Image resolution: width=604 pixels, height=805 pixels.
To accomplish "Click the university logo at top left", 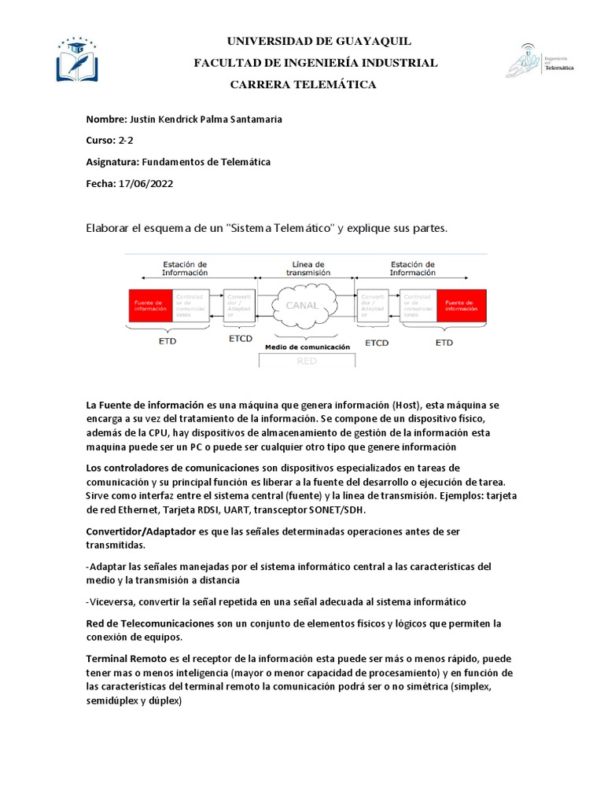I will point(79,58).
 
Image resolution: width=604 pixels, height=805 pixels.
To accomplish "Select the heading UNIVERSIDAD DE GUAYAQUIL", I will point(319,42).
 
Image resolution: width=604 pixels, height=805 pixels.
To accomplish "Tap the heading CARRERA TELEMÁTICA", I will point(302,84).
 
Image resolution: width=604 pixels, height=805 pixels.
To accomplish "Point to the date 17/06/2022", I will point(145,183).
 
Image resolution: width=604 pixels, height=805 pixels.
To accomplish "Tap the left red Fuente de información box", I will point(150,305).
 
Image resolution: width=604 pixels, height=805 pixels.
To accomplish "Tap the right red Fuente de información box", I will point(462,305).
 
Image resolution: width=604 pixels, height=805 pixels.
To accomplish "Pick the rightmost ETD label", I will point(444,342).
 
